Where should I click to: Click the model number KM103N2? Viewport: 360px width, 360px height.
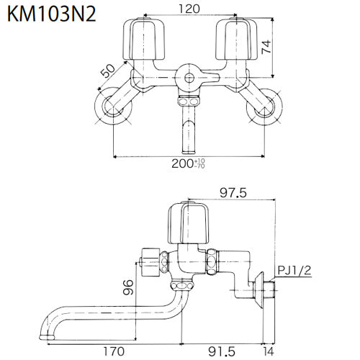click(x=52, y=14)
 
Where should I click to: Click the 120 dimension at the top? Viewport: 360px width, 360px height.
click(x=189, y=9)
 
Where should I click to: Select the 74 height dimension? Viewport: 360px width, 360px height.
click(x=266, y=47)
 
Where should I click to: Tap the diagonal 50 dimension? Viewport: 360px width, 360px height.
click(x=108, y=71)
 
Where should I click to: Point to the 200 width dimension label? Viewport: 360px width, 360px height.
click(x=189, y=163)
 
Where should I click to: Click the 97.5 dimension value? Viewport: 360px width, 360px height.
click(x=233, y=193)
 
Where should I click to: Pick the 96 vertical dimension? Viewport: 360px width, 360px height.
click(x=127, y=287)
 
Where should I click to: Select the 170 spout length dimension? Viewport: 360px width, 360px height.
click(x=114, y=351)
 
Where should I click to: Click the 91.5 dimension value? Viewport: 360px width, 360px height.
click(x=222, y=352)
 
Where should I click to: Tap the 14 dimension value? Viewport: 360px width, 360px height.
click(x=269, y=351)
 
